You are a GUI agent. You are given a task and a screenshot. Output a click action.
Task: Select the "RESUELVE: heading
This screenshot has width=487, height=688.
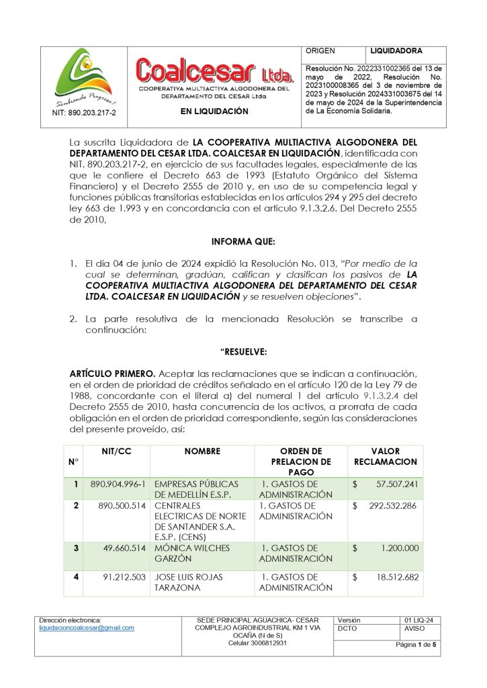(x=243, y=352)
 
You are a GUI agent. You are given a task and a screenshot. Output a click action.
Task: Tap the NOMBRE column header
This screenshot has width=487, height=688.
(x=202, y=451)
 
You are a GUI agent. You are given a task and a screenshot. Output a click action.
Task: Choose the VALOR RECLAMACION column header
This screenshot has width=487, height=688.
(x=385, y=457)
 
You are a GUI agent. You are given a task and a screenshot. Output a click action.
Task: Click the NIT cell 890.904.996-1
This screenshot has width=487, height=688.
(x=118, y=484)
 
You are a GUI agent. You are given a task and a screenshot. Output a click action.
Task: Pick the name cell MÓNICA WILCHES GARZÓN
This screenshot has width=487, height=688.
(x=192, y=553)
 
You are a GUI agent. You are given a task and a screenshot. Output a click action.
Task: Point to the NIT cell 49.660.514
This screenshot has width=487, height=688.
(x=124, y=548)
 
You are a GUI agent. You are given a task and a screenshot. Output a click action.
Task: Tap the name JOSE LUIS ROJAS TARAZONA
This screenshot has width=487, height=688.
(x=189, y=583)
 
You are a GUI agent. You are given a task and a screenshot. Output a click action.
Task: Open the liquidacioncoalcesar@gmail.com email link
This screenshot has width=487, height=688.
(x=87, y=628)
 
